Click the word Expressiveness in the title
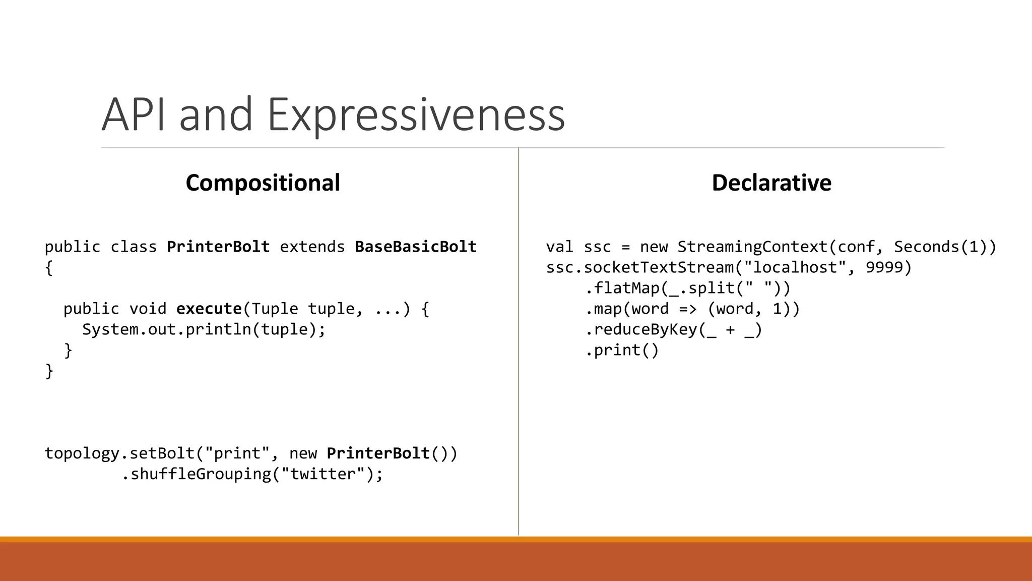click(x=416, y=115)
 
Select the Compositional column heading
click(x=263, y=183)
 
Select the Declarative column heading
click(x=771, y=183)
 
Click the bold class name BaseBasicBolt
click(x=416, y=247)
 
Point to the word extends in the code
click(x=312, y=247)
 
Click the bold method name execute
click(x=209, y=309)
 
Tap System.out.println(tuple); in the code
click(x=204, y=329)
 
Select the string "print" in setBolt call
click(x=237, y=453)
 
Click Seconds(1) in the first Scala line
click(x=940, y=247)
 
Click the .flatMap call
click(x=623, y=288)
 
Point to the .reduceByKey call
click(x=641, y=329)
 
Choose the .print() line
click(x=622, y=350)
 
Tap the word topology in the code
click(x=82, y=453)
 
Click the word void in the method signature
click(x=148, y=309)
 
